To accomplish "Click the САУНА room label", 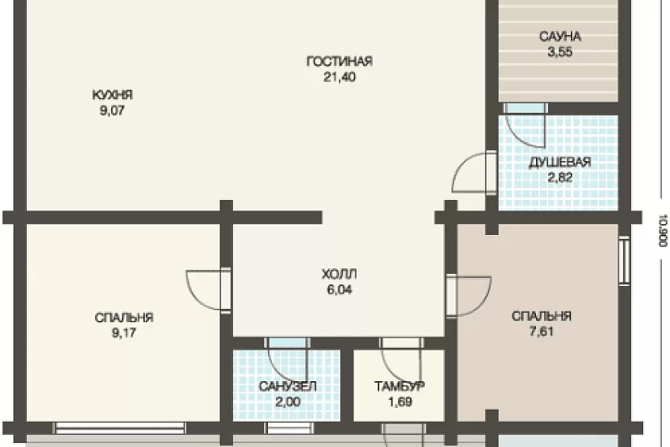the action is [x=560, y=37].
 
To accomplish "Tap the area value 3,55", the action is [x=560, y=52].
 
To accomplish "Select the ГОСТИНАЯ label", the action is [x=339, y=62].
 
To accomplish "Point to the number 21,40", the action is [x=339, y=77].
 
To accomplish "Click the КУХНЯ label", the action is [x=112, y=94].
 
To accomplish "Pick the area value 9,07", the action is [x=112, y=111].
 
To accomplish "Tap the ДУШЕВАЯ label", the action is [x=560, y=163].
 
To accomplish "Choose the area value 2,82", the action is [x=560, y=177].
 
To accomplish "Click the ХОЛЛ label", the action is [x=339, y=274].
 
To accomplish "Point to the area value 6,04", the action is [x=339, y=290].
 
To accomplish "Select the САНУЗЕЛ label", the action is [x=287, y=387].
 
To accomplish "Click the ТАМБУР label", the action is [x=400, y=387].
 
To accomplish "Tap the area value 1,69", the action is [x=400, y=402].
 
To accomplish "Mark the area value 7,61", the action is [x=542, y=332].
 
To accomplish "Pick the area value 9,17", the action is [x=124, y=332].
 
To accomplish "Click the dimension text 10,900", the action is [x=663, y=231].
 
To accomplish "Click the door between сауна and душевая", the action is [x=525, y=124].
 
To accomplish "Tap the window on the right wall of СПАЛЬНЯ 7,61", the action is [x=625, y=260].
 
